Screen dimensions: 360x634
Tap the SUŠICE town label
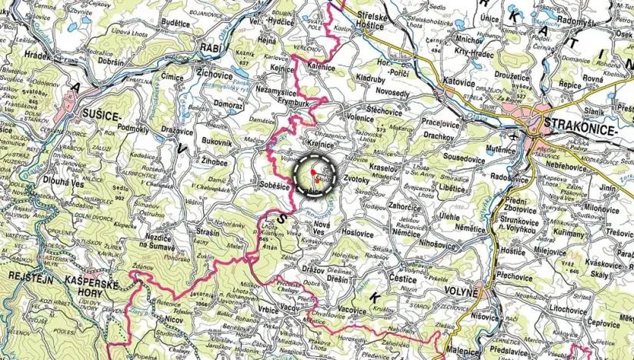click(101, 116)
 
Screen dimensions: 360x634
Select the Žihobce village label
click(209, 162)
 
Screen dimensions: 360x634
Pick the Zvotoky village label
click(357, 179)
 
